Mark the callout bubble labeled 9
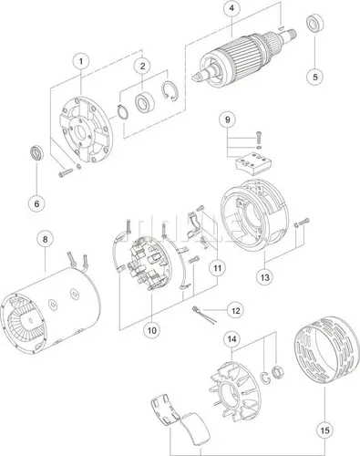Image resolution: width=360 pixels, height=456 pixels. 227,119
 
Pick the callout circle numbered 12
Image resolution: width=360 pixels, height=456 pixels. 235,310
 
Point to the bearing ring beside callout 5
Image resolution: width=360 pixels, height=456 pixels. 316,23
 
